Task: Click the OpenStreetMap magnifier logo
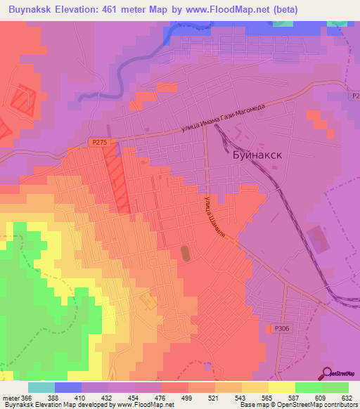[328, 372]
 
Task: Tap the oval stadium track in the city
[186, 251]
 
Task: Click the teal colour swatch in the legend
[41, 387]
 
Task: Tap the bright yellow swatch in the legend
[281, 387]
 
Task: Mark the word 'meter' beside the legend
[12, 397]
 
